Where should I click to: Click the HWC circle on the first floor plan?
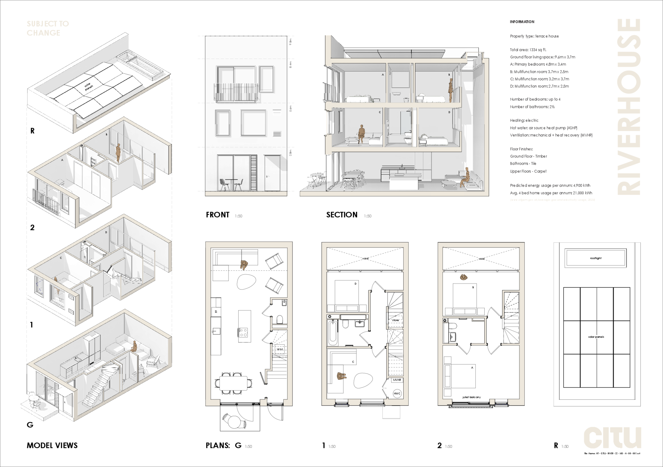click(397, 394)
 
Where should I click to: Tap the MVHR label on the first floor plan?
click(397, 380)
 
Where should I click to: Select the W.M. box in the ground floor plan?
click(280, 349)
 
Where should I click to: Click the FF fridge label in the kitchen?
click(216, 311)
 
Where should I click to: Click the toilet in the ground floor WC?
click(280, 320)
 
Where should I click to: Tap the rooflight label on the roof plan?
click(595, 258)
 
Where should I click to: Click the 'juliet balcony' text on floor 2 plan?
click(471, 397)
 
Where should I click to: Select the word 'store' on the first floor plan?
click(395, 320)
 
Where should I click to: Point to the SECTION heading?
click(342, 215)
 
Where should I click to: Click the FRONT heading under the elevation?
click(218, 215)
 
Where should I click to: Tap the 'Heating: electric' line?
click(524, 120)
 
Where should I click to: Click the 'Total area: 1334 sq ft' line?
click(528, 50)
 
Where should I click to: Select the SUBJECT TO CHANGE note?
click(48, 28)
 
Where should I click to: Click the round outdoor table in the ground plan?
click(235, 421)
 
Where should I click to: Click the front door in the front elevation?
click(272, 173)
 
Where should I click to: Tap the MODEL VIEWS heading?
click(52, 445)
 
